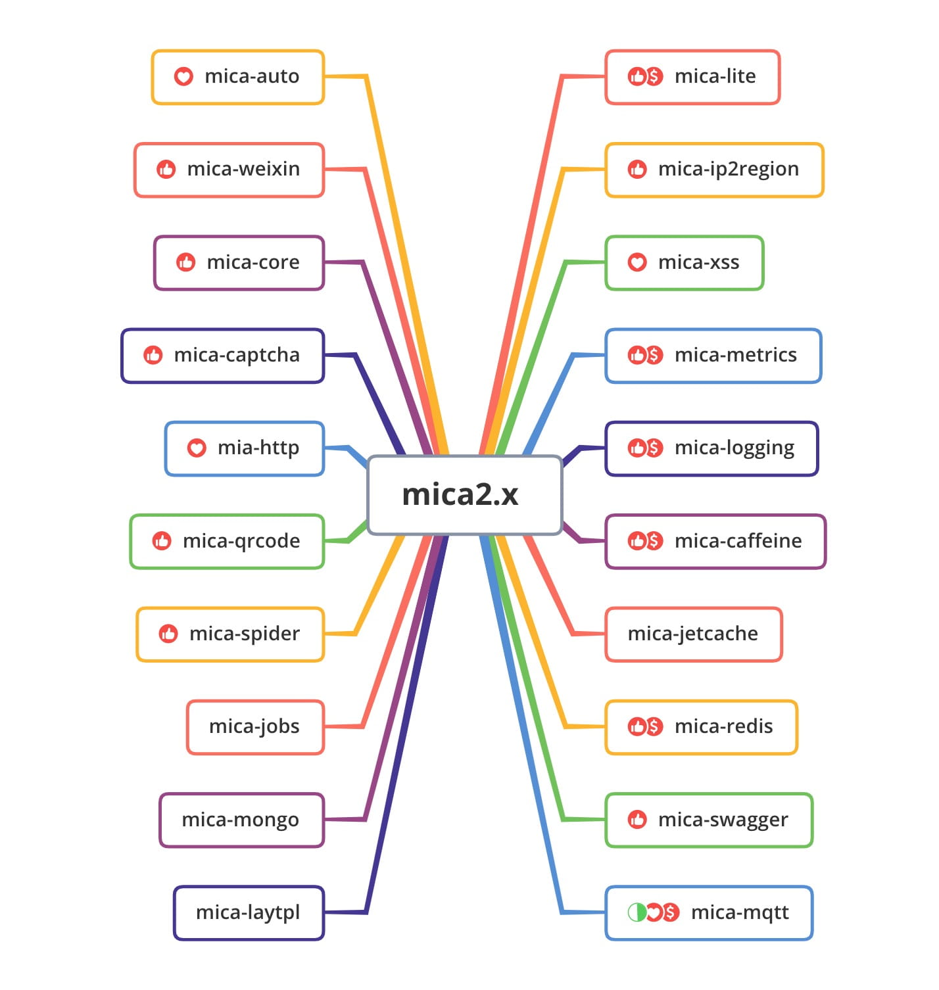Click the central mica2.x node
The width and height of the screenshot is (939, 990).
pyautogui.click(x=464, y=494)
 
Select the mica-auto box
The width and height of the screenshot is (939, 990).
pyautogui.click(x=238, y=77)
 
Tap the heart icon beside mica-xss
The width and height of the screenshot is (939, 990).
pyautogui.click(x=637, y=262)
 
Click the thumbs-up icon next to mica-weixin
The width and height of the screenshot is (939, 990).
pyautogui.click(x=166, y=170)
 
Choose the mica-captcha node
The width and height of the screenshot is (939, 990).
pyautogui.click(x=223, y=356)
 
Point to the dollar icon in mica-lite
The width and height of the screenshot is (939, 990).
pyautogui.click(x=654, y=76)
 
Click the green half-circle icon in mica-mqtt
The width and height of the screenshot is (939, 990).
pyautogui.click(x=636, y=912)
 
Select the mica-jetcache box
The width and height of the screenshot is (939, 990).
pyautogui.click(x=693, y=634)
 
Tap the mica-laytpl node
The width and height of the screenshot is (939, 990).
pyautogui.click(x=249, y=912)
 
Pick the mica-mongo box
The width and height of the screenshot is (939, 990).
pyautogui.click(x=241, y=820)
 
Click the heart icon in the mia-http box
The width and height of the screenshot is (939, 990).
pyautogui.click(x=197, y=448)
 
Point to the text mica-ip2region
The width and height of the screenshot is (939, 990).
pyautogui.click(x=728, y=170)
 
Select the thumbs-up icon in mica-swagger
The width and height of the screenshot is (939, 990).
pyautogui.click(x=637, y=820)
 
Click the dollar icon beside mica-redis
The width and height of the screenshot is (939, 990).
pyautogui.click(x=654, y=726)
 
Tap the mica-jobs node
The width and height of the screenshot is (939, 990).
pyautogui.click(x=255, y=726)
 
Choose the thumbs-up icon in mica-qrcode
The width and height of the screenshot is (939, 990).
pyautogui.click(x=161, y=541)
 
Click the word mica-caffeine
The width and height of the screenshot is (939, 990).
pyautogui.click(x=738, y=541)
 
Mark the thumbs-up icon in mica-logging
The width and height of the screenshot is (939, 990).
pyautogui.click(x=637, y=448)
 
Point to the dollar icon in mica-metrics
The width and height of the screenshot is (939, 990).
pyautogui.click(x=654, y=356)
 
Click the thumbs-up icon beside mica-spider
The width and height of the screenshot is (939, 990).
pyautogui.click(x=168, y=634)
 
